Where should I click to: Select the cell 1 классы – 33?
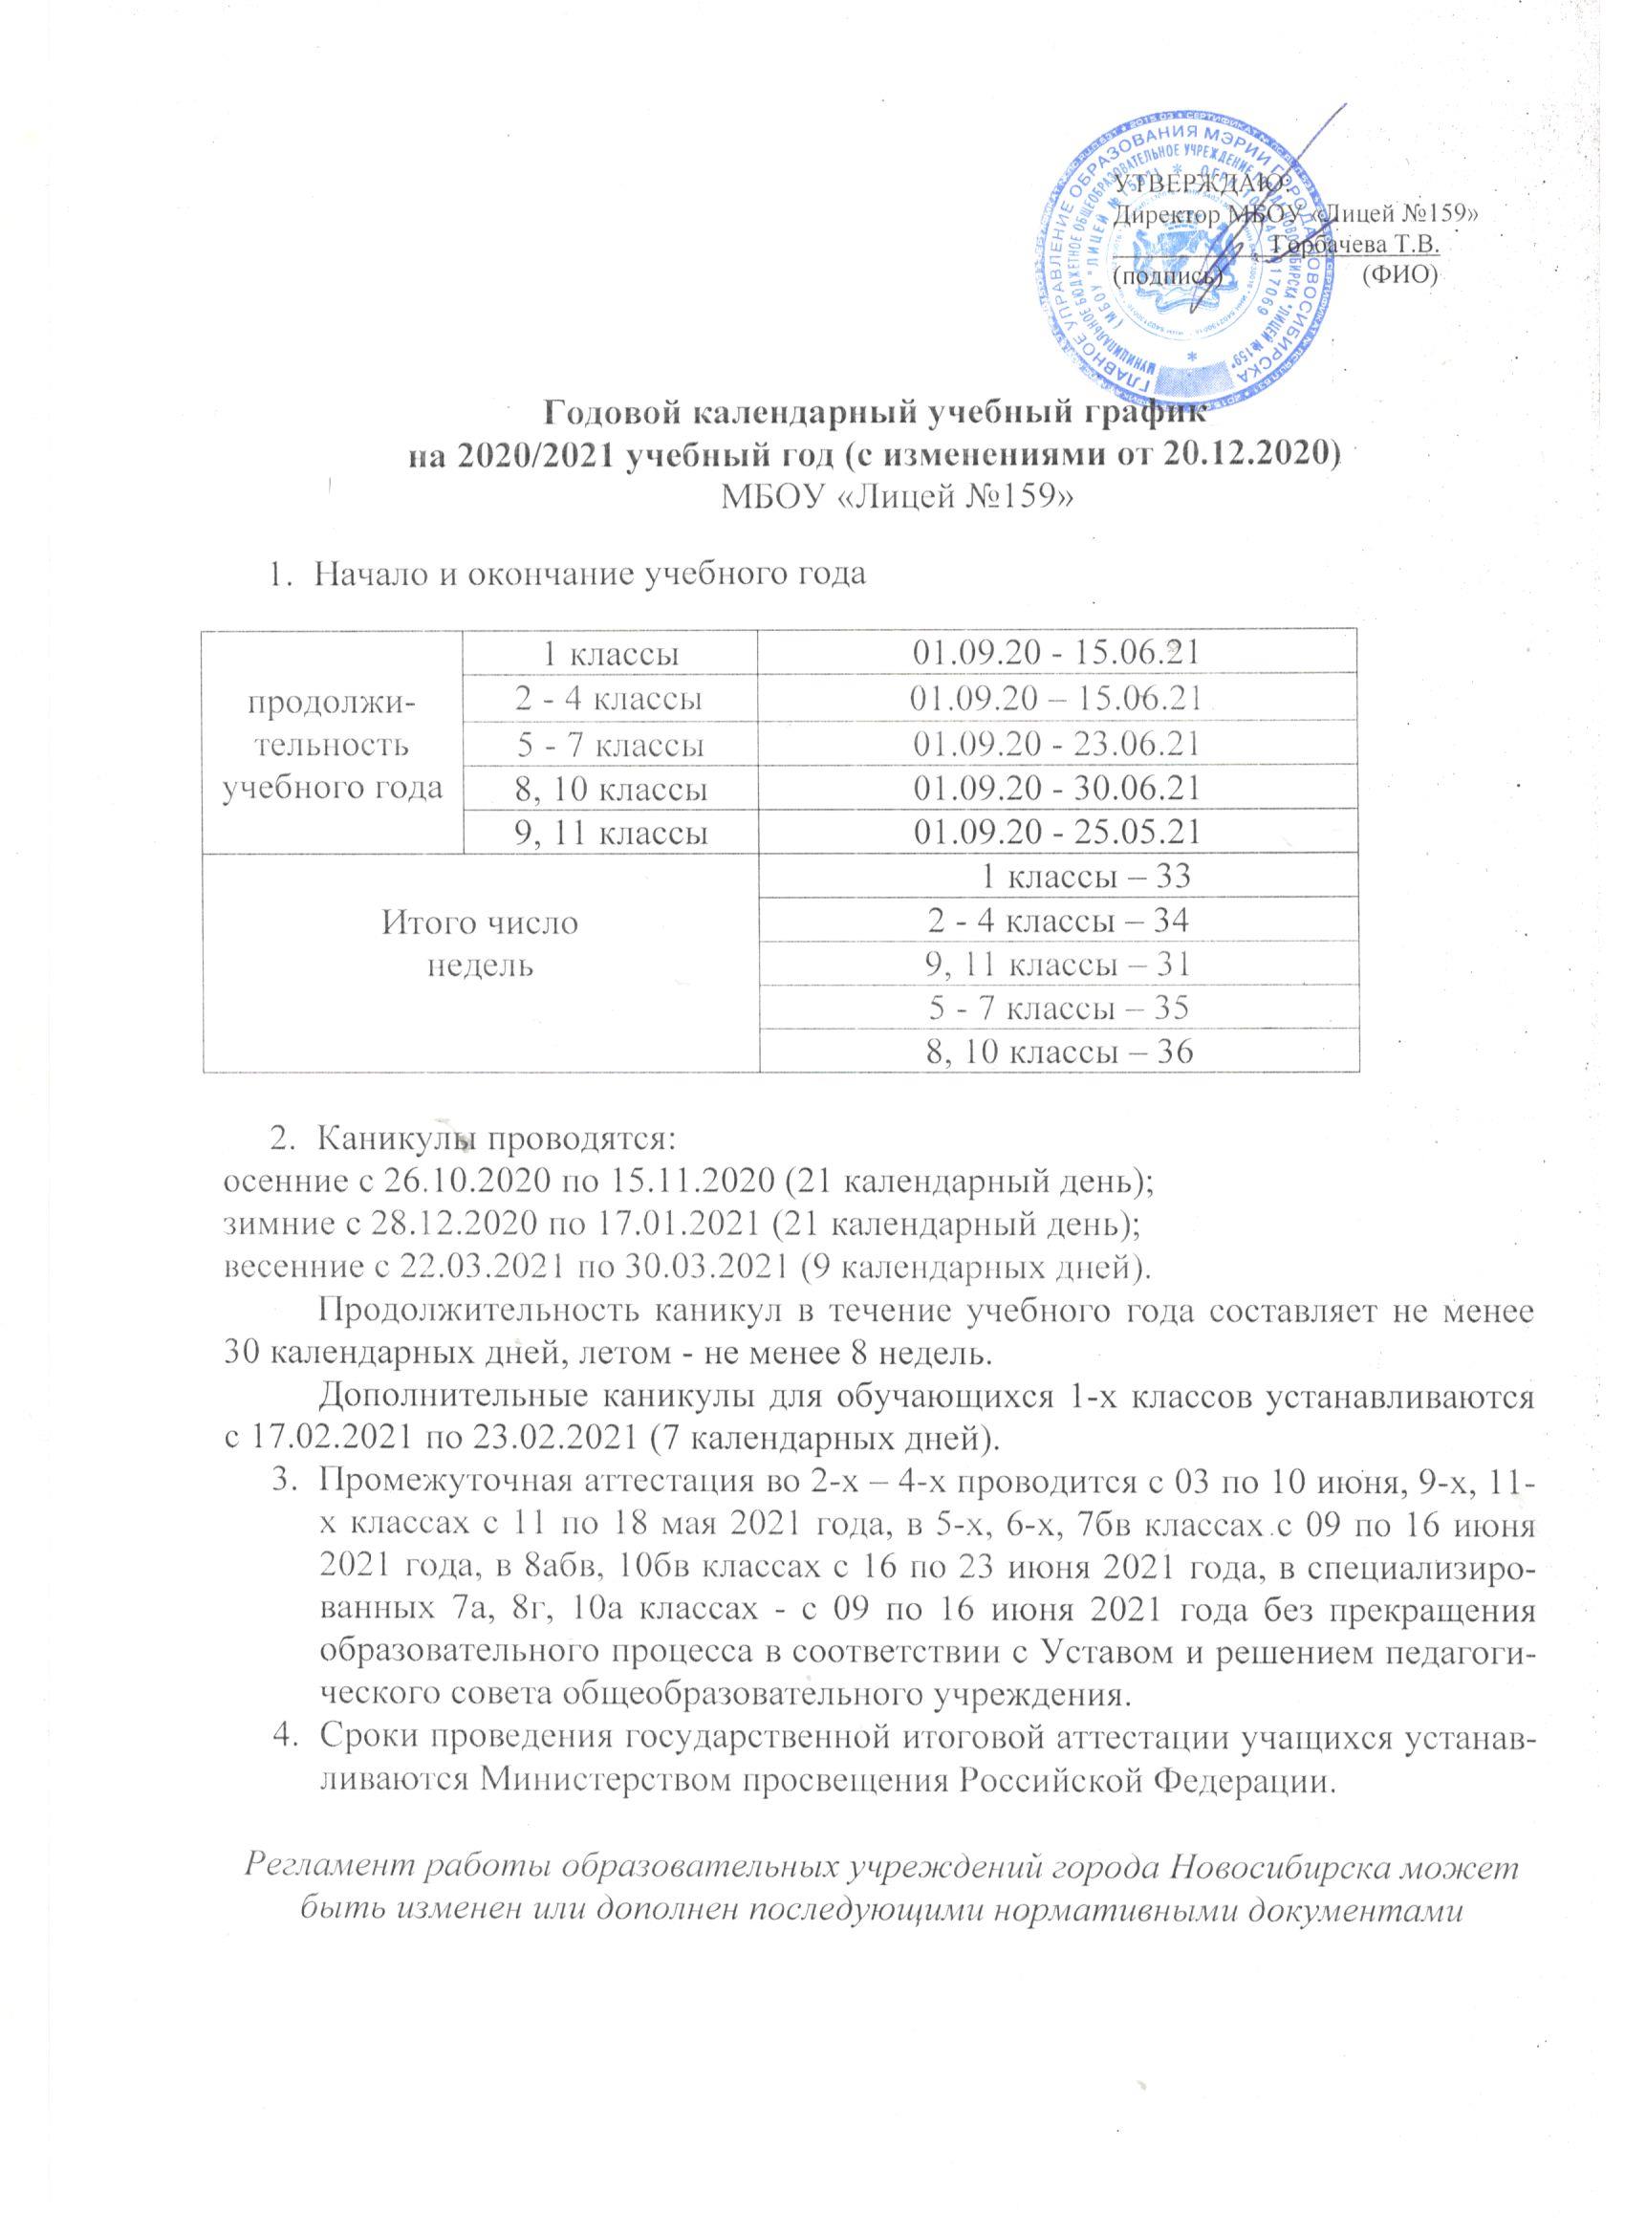(x=1082, y=876)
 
